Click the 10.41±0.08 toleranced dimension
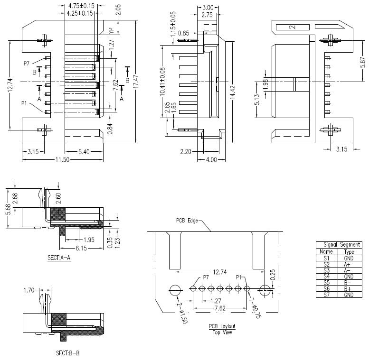coord(162,81)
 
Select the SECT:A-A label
coord(59,258)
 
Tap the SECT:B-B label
coord(67,353)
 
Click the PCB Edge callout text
coord(186,221)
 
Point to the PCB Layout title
coord(222,326)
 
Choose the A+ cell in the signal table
coord(349,264)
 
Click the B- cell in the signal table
coord(349,283)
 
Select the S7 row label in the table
coord(326,295)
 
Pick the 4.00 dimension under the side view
coord(211,160)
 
